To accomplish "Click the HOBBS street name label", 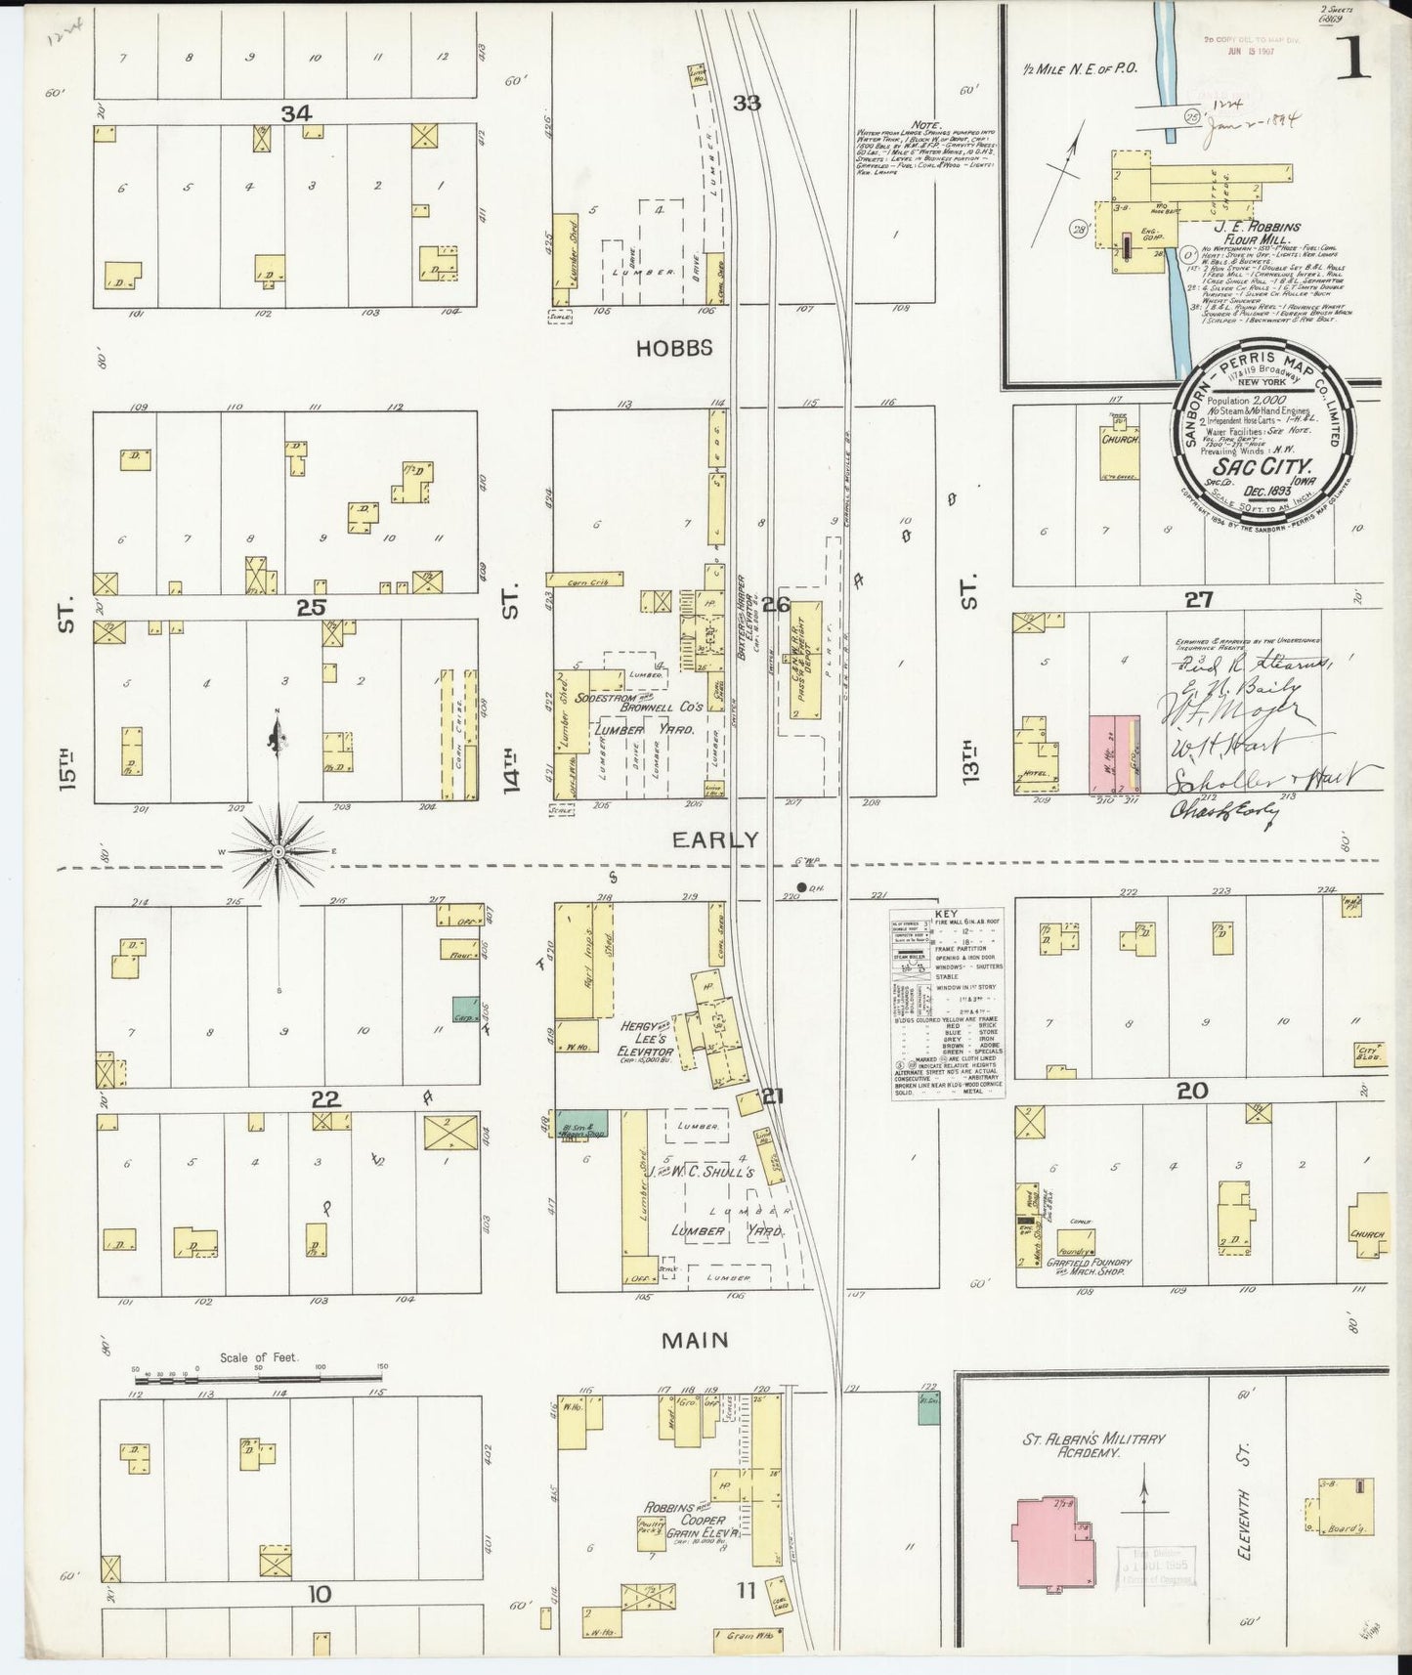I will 674,349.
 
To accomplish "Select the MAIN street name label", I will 695,1340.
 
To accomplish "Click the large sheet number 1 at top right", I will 1353,62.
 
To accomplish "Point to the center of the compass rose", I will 279,852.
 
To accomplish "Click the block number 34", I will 296,114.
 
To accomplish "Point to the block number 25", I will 311,608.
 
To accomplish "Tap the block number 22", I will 325,1099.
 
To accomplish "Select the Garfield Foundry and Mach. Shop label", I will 1089,1267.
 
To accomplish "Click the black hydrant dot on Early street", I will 801,888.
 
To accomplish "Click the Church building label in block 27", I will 1119,440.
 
